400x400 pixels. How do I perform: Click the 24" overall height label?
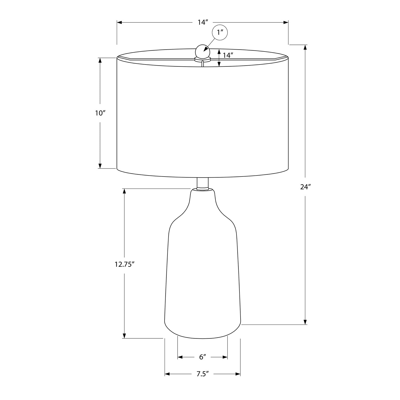coord(306,187)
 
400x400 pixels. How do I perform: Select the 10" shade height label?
coord(100,113)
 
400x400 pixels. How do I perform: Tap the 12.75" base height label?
coord(124,264)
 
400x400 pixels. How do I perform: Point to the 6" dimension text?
coord(203,357)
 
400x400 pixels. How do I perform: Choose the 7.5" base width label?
coord(202,374)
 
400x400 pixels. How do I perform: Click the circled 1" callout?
coord(220,33)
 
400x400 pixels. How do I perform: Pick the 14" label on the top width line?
coord(203,22)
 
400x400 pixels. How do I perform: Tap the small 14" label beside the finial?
coord(228,55)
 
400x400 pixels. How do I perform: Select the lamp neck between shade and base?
coord(203,183)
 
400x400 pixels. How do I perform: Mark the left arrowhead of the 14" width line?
coord(119,22)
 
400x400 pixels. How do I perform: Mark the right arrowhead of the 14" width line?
coord(286,22)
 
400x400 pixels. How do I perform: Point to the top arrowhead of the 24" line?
coord(305,47)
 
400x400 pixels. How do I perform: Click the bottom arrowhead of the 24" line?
coord(305,322)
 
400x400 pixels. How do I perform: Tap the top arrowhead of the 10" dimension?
coord(100,60)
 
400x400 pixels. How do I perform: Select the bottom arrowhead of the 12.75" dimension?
coord(124,336)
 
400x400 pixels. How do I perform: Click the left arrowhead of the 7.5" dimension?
coord(167,374)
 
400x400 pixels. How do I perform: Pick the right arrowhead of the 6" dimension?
coord(225,357)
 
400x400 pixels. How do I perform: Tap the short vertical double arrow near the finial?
coord(219,57)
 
